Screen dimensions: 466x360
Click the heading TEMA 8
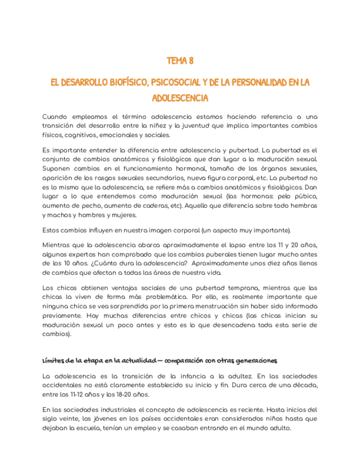tap(180, 60)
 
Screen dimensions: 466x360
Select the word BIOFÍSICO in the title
tap(124, 82)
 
